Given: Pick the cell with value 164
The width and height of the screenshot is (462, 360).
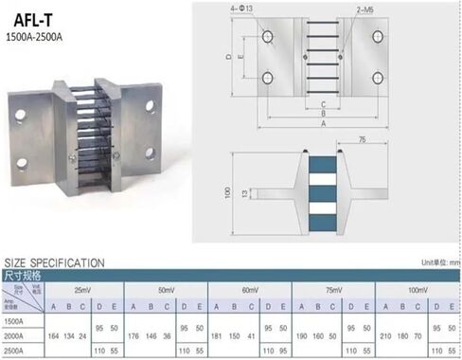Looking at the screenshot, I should [x=52, y=335].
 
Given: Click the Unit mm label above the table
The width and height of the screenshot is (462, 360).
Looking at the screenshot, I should [x=439, y=261].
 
